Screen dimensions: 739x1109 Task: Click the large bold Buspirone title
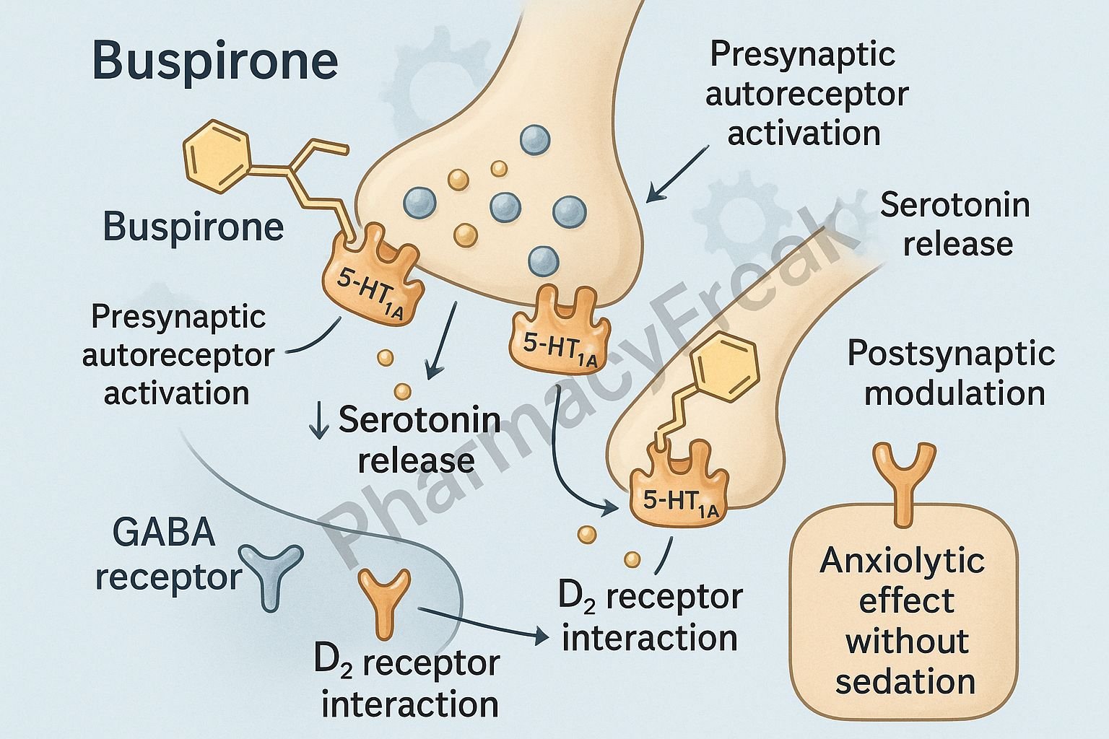point(215,62)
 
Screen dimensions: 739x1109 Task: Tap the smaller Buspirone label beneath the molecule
point(193,227)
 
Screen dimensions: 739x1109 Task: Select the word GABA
point(165,534)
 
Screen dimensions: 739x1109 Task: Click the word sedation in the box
point(905,682)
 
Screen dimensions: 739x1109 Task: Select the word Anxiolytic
point(903,561)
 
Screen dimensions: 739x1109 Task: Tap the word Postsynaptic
point(951,354)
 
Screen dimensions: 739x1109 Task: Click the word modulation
point(954,393)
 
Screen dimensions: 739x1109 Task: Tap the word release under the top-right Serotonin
point(958,244)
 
